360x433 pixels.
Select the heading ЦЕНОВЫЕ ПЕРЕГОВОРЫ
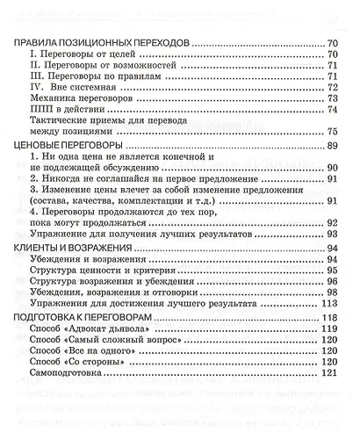[x=72, y=143]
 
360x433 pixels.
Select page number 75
[x=332, y=131]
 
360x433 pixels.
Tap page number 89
[x=332, y=143]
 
